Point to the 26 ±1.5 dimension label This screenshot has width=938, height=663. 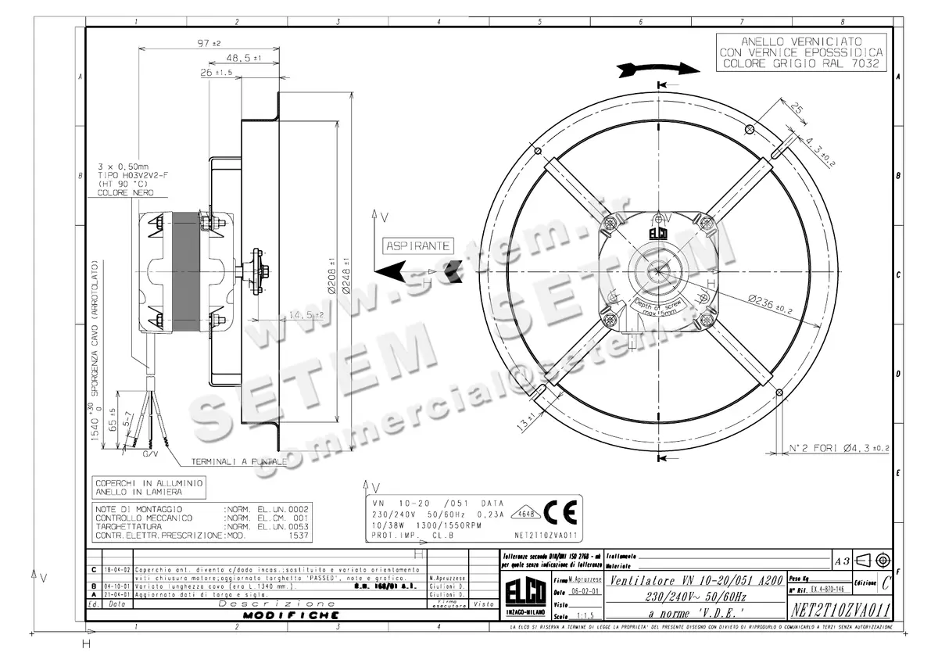pos(216,73)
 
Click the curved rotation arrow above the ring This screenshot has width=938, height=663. pos(655,69)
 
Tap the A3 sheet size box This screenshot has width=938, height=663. pos(842,561)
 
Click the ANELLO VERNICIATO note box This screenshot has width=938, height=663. pos(802,52)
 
